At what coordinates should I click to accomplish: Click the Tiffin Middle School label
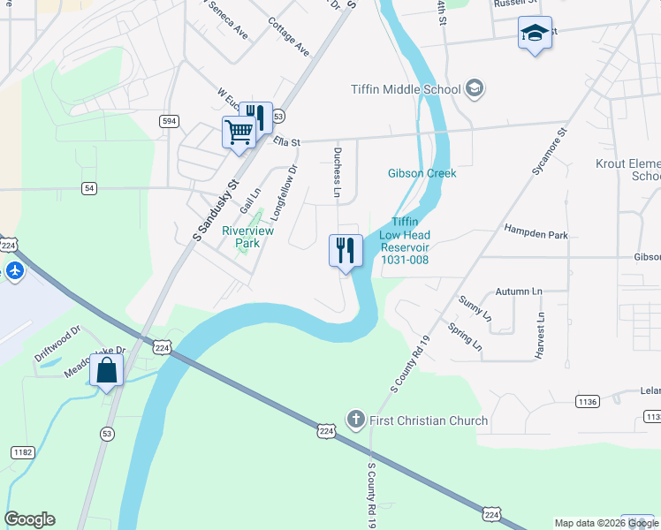coord(405,88)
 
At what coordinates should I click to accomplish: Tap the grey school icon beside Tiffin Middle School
coord(475,87)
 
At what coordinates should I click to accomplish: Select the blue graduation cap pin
coord(534,34)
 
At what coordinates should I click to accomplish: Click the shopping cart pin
coord(239,134)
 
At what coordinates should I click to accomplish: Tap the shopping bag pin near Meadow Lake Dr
coord(106,372)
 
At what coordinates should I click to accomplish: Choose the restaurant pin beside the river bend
coord(346,251)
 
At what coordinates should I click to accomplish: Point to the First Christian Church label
coord(428,420)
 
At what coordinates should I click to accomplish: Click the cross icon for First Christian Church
coord(355,419)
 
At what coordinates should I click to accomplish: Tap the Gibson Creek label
coord(422,173)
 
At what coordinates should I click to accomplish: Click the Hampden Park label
coord(536,235)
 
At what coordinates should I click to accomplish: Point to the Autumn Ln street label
coord(518,291)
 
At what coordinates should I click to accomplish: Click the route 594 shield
coord(170,119)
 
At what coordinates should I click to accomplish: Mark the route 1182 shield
coord(22,452)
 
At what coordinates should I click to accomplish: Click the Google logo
coord(30,519)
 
